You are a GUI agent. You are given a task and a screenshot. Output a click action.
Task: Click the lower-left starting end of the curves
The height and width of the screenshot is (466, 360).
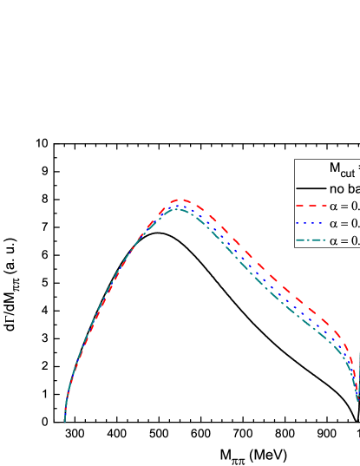(65, 420)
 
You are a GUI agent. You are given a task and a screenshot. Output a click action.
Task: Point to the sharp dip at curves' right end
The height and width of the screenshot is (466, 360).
(357, 400)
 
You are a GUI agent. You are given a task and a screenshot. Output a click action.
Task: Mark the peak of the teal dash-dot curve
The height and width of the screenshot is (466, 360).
(176, 209)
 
